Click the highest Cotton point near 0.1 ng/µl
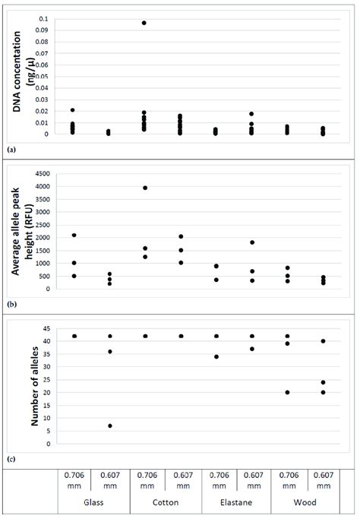(x=144, y=23)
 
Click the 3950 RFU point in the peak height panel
(x=144, y=188)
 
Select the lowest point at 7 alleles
(x=110, y=426)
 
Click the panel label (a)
(x=11, y=150)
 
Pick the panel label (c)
(x=11, y=457)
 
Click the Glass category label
(x=93, y=503)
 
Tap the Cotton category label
(x=163, y=503)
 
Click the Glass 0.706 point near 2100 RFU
(x=74, y=235)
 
